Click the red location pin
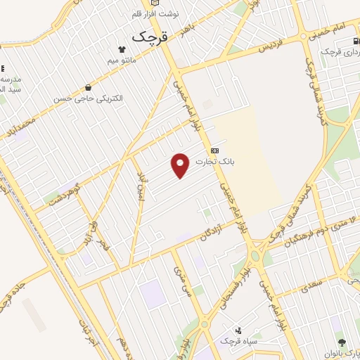tap(181, 165)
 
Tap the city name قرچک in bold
tap(150, 36)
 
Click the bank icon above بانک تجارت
tap(214, 150)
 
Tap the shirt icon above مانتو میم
tap(124, 49)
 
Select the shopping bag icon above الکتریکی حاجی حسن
tap(88, 88)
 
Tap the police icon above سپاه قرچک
tap(238, 330)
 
